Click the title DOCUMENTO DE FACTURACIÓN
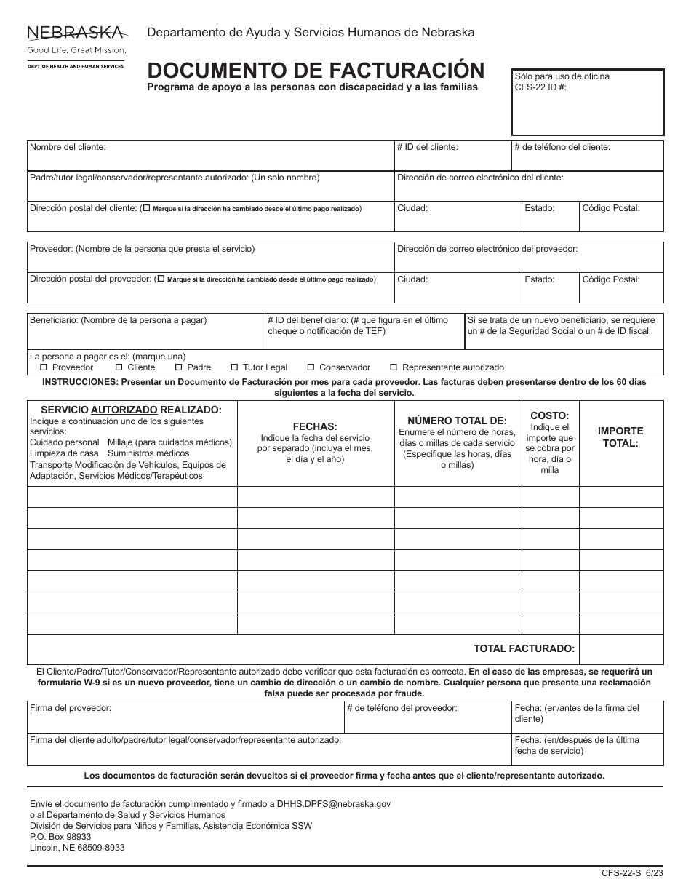tap(316, 70)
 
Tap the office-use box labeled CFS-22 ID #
tap(588, 103)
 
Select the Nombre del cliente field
tap(210, 156)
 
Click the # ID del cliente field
tap(452, 156)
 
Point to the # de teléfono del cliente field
tap(588, 156)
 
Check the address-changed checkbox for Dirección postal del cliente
tap(148, 208)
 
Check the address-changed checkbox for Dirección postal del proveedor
tap(161, 279)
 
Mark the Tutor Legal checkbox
tap(234, 367)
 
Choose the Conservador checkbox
tap(311, 367)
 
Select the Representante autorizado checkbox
tap(394, 367)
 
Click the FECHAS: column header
tap(315, 426)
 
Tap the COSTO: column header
tap(550, 415)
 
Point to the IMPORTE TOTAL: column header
tap(620, 437)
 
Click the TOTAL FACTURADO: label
tap(524, 648)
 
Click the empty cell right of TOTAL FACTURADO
tap(621, 649)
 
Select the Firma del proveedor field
tap(185, 717)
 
